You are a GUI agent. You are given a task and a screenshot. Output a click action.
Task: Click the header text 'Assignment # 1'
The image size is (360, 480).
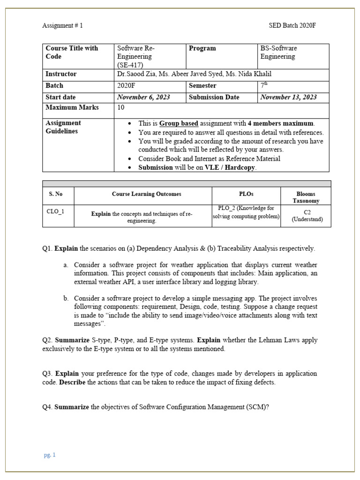(x=62, y=25)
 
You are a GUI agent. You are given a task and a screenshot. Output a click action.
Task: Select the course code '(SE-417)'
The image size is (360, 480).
(x=130, y=65)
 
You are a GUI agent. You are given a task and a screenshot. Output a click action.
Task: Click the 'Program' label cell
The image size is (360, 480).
(x=202, y=48)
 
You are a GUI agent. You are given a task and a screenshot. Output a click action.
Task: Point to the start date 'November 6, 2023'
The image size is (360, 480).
(x=143, y=97)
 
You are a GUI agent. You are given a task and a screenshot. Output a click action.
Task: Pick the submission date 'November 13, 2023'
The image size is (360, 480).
(x=288, y=97)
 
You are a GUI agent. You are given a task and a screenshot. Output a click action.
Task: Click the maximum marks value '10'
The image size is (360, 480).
(x=121, y=108)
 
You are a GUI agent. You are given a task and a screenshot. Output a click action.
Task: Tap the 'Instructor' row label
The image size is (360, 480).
(x=61, y=74)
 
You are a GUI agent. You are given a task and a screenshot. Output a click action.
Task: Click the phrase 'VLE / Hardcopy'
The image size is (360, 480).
(x=230, y=168)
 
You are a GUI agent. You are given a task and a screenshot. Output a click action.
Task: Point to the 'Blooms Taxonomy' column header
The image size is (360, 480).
(x=306, y=197)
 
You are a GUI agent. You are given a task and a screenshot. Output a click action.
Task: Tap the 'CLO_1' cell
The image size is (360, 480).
(x=55, y=211)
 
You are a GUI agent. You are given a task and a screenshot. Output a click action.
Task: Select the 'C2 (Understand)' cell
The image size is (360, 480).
(x=307, y=216)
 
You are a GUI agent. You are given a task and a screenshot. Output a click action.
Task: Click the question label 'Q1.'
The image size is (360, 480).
(x=47, y=248)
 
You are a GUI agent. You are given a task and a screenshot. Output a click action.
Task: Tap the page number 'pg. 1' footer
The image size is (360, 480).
(x=50, y=455)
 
